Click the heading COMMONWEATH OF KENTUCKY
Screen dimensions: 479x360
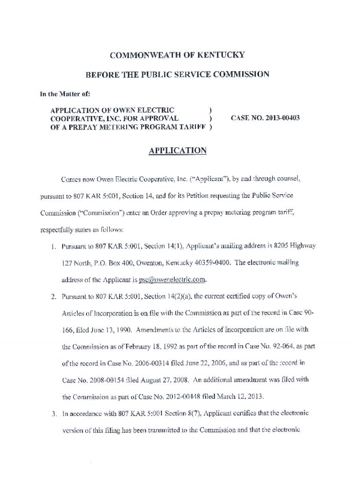(177, 55)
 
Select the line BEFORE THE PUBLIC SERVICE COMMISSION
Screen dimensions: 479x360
(177, 74)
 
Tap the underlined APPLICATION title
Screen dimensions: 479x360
(177, 151)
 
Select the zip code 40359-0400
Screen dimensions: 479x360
(211, 263)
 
